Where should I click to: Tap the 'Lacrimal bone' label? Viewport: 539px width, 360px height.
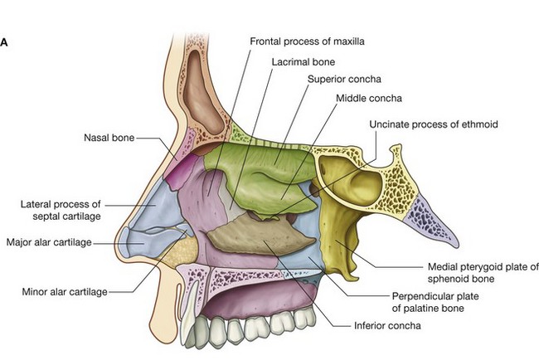pos(303,61)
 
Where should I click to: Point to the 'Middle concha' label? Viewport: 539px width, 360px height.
pos(368,98)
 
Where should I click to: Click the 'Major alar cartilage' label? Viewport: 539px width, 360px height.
pos(47,242)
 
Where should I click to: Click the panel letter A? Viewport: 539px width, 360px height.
pos(5,39)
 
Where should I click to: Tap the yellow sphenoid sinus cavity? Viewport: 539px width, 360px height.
pos(348,178)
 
